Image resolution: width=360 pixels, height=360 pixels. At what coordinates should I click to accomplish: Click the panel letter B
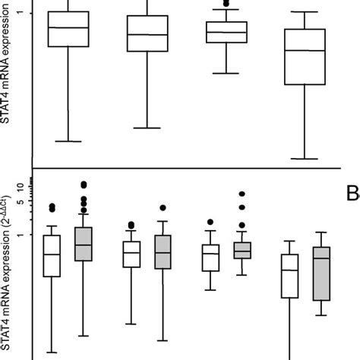[x=352, y=195]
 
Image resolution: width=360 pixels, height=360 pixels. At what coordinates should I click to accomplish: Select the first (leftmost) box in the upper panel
[x=68, y=29]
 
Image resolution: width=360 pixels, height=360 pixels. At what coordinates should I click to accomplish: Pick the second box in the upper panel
[x=147, y=33]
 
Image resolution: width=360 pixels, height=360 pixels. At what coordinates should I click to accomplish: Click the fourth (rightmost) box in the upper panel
[x=304, y=57]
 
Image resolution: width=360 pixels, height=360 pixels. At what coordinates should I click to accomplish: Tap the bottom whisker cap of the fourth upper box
[x=304, y=159]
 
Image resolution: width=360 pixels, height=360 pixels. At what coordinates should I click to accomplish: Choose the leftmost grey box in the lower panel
[x=83, y=244]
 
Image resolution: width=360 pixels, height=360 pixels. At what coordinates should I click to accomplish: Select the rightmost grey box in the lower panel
[x=321, y=273]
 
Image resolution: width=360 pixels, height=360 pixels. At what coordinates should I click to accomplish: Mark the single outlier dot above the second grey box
[x=163, y=208]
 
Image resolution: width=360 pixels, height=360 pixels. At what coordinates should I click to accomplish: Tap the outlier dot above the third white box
[x=210, y=223]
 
